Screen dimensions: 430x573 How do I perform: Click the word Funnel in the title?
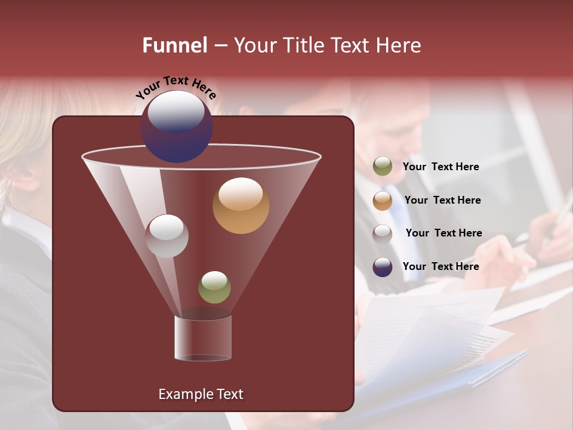174,45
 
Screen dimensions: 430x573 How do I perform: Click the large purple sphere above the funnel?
177,127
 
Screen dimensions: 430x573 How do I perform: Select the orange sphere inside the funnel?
241,205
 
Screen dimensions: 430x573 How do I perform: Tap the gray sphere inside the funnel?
167,236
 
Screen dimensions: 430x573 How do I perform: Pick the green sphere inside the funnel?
214,287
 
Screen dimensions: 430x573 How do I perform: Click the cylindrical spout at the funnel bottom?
203,338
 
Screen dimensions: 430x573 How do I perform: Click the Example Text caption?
201,394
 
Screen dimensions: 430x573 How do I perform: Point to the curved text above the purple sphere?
176,86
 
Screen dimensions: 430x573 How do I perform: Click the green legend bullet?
383,167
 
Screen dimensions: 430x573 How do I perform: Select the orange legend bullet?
383,200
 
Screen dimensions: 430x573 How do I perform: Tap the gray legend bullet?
383,234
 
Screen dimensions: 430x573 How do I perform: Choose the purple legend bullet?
383,267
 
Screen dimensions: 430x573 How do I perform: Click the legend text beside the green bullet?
440,167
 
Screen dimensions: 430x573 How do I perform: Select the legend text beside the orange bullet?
442,200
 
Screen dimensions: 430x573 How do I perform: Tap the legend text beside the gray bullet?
443,233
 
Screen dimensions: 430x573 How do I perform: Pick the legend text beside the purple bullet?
440,266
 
